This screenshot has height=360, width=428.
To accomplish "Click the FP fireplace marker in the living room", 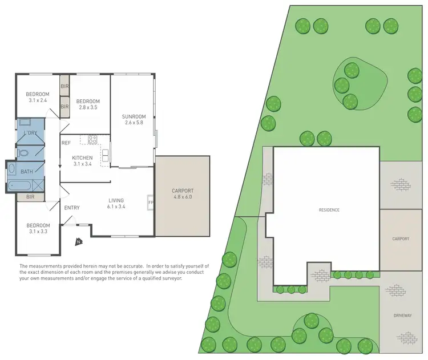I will [151, 203].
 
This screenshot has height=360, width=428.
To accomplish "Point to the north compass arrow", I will [79, 242].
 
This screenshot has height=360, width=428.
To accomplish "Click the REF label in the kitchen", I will [66, 143].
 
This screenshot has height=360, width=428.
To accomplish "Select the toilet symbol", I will [22, 153].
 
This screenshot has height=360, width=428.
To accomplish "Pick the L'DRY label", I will [31, 133].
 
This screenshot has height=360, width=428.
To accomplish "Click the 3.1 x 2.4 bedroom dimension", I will [38, 101].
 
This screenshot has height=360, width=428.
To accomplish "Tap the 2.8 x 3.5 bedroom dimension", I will [88, 108].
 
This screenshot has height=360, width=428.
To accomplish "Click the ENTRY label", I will [72, 208].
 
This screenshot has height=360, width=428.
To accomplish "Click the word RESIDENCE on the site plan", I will [329, 210].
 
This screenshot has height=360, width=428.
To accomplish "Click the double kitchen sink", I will [106, 153].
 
